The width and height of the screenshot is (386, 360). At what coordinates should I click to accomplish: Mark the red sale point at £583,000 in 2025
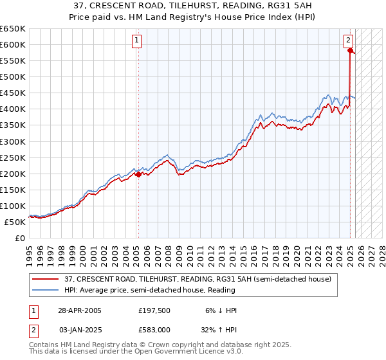point(350,50)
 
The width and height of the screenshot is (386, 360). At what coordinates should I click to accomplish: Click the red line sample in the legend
point(46,279)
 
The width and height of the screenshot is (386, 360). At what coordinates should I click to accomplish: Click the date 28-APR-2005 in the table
point(79,310)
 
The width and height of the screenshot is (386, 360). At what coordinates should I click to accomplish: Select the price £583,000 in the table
point(155,329)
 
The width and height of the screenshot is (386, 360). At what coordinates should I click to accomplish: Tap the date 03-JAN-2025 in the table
point(79,329)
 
